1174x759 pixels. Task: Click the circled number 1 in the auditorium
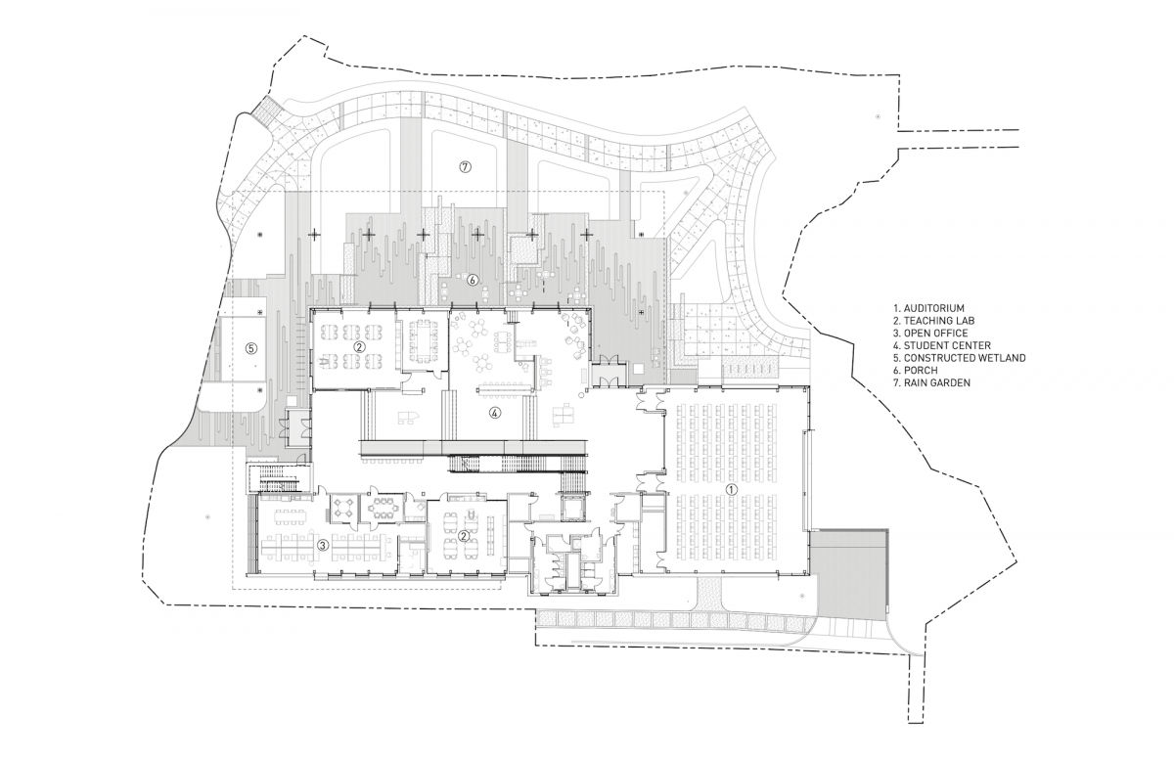728,486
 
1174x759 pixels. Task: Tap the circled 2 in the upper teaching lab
359,345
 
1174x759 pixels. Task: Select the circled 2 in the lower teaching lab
462,535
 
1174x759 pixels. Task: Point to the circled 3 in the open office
320,545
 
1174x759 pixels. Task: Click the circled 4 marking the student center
495,413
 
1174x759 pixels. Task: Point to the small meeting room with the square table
344,506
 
